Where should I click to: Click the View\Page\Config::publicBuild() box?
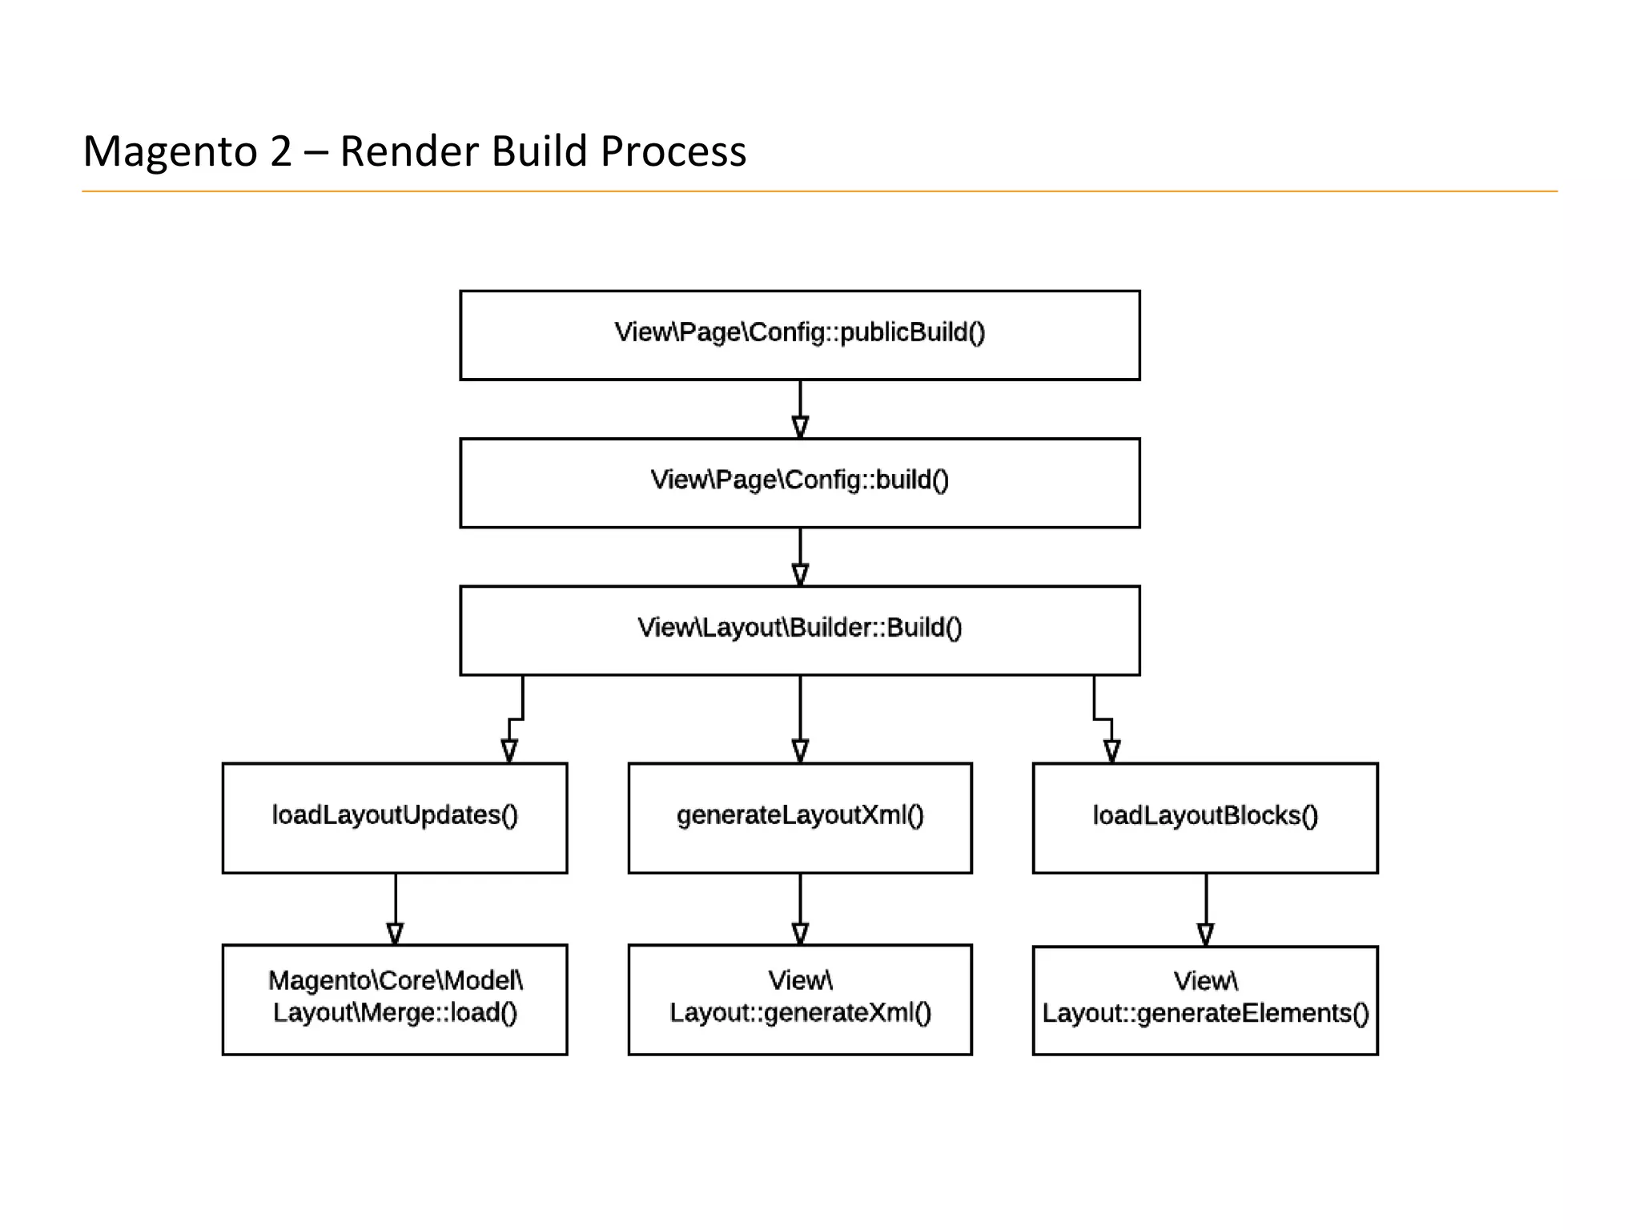click(x=799, y=335)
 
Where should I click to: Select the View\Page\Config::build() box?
click(x=799, y=483)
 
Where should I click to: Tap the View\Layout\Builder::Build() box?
click(x=799, y=630)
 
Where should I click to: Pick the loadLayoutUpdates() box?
click(x=395, y=818)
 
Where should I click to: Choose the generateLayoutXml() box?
click(x=799, y=818)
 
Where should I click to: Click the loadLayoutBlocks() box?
click(x=1204, y=818)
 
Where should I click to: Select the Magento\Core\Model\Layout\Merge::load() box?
click(x=395, y=999)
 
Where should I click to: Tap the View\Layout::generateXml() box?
click(x=799, y=999)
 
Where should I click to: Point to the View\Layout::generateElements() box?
click(x=1204, y=999)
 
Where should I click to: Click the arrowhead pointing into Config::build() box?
click(x=800, y=426)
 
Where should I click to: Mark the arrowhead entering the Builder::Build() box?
click(x=800, y=573)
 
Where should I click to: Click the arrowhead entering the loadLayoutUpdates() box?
click(x=509, y=750)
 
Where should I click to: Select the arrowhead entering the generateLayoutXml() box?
click(x=800, y=750)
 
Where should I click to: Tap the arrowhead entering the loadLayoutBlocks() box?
click(x=1111, y=750)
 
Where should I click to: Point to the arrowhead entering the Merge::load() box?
click(x=395, y=933)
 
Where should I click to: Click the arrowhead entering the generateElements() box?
click(x=1205, y=934)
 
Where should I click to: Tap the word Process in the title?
click(x=673, y=152)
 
